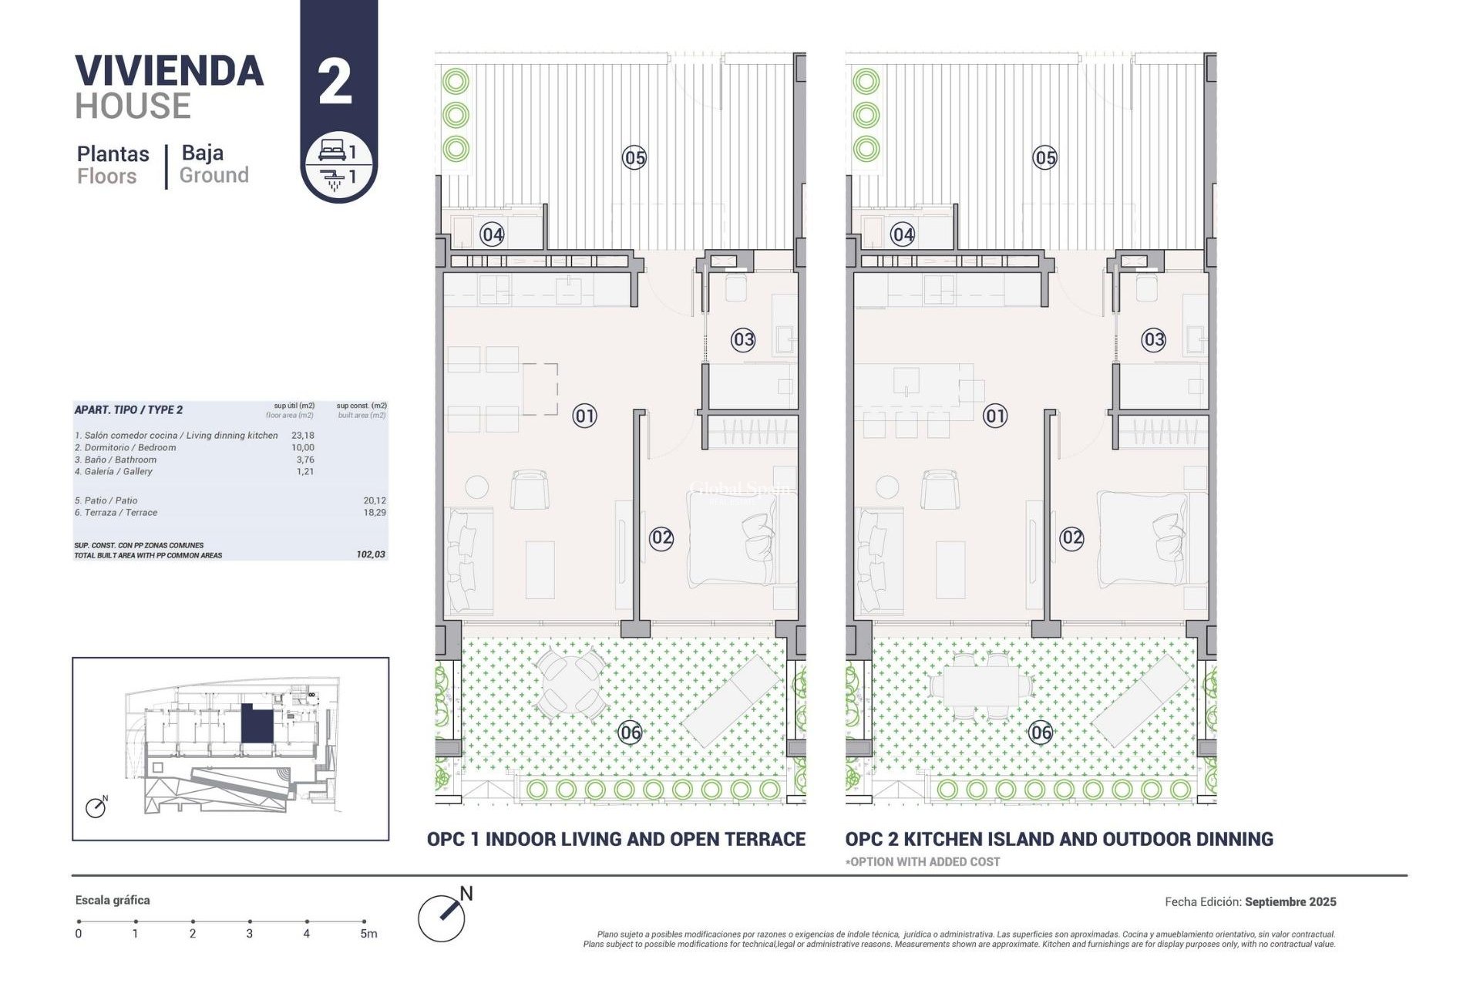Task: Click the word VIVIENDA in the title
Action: click(x=170, y=72)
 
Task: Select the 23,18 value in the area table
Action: click(x=303, y=436)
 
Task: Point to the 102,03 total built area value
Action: click(x=371, y=554)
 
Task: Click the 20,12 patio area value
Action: click(x=375, y=500)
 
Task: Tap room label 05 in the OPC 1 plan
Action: click(x=634, y=158)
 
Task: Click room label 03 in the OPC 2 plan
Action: click(x=1153, y=339)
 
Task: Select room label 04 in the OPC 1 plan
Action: click(x=492, y=234)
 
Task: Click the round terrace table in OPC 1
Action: click(x=570, y=682)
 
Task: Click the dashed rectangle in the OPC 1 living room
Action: click(x=540, y=389)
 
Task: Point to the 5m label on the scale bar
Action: click(x=368, y=934)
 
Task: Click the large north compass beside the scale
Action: click(x=442, y=918)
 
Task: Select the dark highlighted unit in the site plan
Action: click(x=257, y=724)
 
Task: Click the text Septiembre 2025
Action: click(x=1290, y=901)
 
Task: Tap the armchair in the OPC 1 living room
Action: click(x=530, y=489)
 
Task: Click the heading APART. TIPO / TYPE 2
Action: click(x=129, y=410)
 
